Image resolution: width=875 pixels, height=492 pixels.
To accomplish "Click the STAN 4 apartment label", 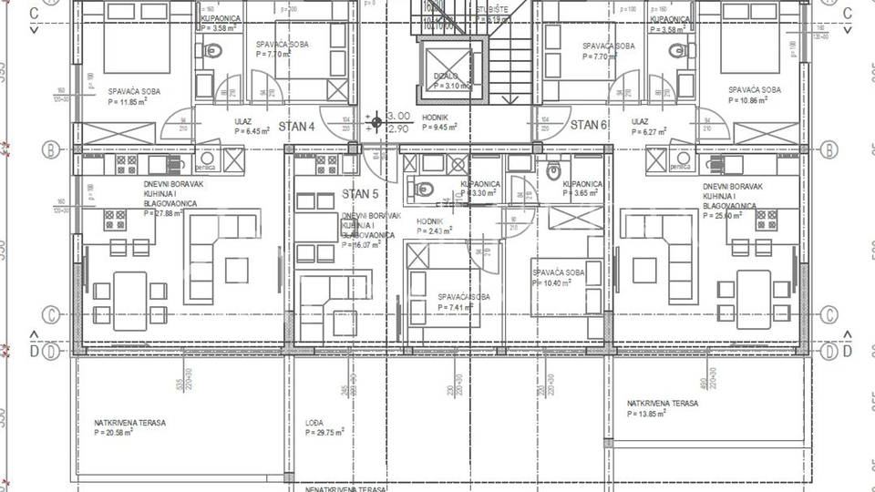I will coord(296,127).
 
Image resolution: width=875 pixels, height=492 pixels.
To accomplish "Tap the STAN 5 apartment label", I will coord(360,193).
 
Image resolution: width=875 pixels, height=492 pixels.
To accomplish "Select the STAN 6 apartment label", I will coord(589,125).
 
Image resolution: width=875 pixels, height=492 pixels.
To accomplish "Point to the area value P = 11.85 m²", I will coord(128,102).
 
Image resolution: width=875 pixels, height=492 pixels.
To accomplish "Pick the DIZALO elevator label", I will coord(447,77).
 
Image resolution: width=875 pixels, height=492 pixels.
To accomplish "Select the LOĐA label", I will coord(315,423).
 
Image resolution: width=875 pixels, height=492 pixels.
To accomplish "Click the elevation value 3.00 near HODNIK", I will coord(399,117).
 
